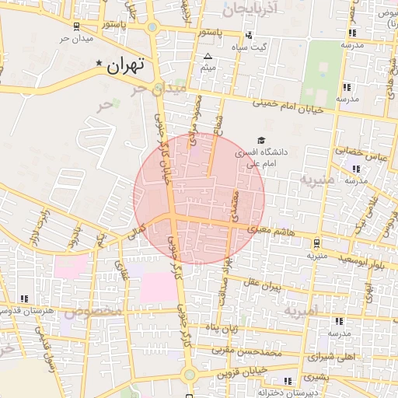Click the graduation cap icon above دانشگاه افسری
pyautogui.click(x=260, y=140)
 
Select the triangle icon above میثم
pyautogui.click(x=208, y=57)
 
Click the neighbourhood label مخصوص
pyautogui.click(x=93, y=312)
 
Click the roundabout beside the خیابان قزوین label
pyautogui.click(x=189, y=375)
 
